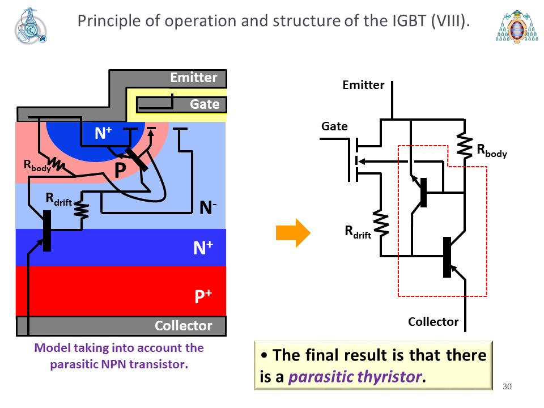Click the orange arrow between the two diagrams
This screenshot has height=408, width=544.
pyautogui.click(x=293, y=233)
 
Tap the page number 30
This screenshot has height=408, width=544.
pyautogui.click(x=507, y=386)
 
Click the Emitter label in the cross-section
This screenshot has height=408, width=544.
pyautogui.click(x=194, y=78)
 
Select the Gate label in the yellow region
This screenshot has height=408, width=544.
pyautogui.click(x=205, y=104)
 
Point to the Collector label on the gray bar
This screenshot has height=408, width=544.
pyautogui.click(x=183, y=326)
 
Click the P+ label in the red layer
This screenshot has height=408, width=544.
pyautogui.click(x=203, y=296)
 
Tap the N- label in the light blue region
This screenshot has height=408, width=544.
pyautogui.click(x=208, y=208)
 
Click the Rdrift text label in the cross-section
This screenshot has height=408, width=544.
pyautogui.click(x=59, y=199)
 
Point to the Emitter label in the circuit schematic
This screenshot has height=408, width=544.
pyautogui.click(x=363, y=85)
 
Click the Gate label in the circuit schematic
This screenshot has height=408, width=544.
pyautogui.click(x=334, y=126)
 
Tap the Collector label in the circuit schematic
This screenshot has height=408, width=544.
pyautogui.click(x=433, y=322)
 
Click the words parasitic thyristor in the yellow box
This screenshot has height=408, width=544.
pyautogui.click(x=355, y=377)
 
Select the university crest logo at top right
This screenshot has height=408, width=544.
pyautogui.click(x=517, y=27)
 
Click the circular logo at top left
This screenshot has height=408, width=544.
pyautogui.click(x=31, y=26)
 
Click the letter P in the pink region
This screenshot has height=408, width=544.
pyautogui.click(x=120, y=170)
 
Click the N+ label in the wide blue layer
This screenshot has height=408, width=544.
pyautogui.click(x=203, y=248)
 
